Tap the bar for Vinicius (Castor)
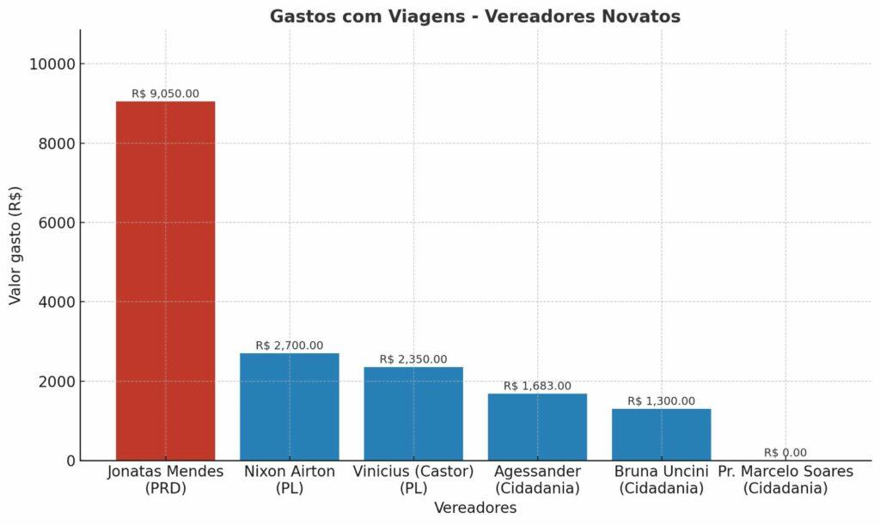coord(413,413)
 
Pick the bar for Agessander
coord(537,427)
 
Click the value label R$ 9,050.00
coord(165,94)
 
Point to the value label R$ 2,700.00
coord(289,345)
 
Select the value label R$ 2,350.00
coord(413,359)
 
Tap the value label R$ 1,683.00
coord(537,386)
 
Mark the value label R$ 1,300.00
coord(661,401)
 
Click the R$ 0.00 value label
coord(785,453)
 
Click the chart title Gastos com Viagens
coord(474,16)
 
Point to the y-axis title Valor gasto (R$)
coord(15,244)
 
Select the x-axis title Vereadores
coord(474,508)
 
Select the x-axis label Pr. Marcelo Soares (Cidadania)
coord(785,479)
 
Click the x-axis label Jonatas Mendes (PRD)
coord(165,479)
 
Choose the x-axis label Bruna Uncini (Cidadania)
coord(661,479)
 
